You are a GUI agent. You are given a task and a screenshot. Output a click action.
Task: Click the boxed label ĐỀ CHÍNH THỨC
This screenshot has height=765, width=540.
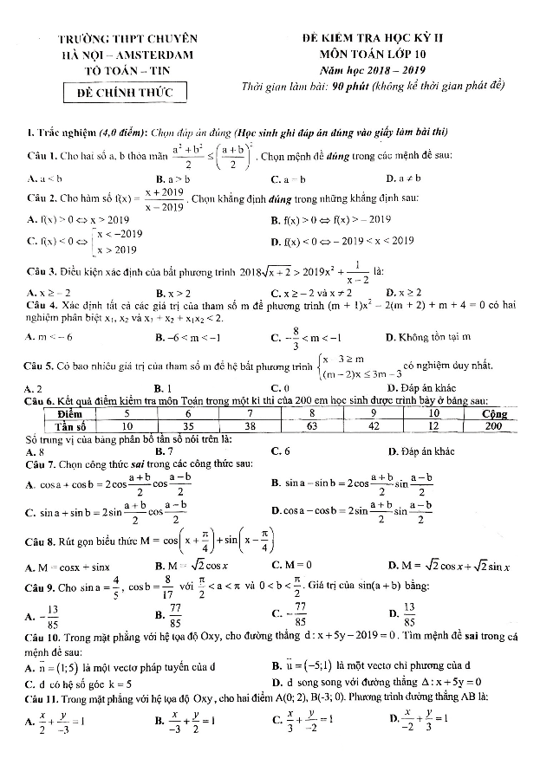(127, 92)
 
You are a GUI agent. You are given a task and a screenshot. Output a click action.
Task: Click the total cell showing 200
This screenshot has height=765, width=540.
(493, 425)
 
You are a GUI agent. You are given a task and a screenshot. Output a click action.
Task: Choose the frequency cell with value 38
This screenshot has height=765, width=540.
(250, 425)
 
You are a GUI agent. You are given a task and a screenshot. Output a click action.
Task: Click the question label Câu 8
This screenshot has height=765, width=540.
(42, 535)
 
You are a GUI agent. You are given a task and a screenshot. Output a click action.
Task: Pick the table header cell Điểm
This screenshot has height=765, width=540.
(62, 413)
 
